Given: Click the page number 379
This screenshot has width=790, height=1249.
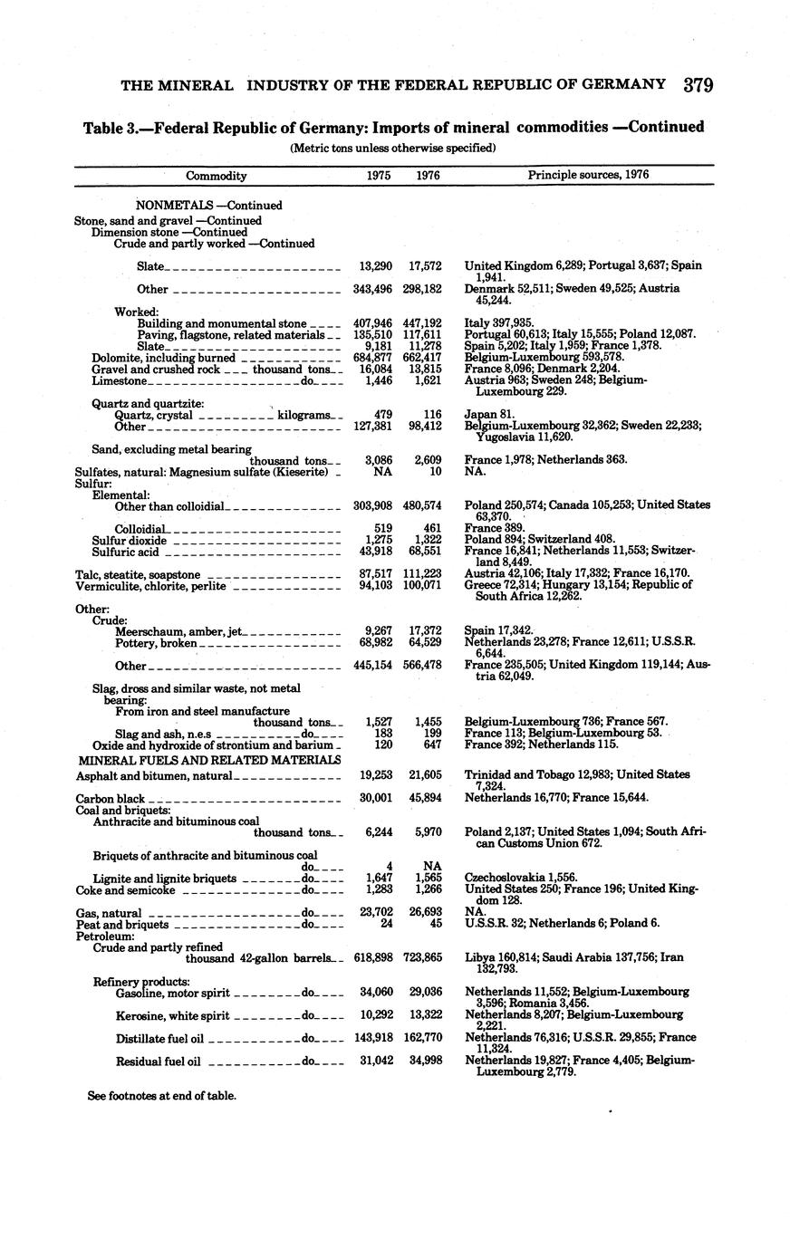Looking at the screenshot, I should point(698,85).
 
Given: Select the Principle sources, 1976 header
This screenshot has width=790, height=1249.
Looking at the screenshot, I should point(588,175).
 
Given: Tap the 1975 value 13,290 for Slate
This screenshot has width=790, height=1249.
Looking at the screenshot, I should point(375,266).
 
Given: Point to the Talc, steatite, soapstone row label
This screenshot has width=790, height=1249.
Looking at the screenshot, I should point(138,575).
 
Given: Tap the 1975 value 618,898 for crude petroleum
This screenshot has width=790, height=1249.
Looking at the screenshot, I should point(374,957).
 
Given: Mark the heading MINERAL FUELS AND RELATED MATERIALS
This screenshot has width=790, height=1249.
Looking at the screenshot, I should point(209,760).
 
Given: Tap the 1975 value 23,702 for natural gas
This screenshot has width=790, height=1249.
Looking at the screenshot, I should point(375,913).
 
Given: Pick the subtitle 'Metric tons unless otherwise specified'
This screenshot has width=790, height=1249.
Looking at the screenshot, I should point(392,148).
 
